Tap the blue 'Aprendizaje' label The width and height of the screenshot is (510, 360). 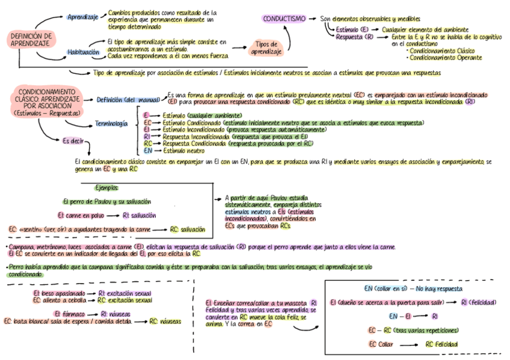click(82, 16)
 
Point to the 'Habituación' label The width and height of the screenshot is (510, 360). click(83, 52)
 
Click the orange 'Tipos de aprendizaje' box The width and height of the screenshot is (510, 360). click(266, 48)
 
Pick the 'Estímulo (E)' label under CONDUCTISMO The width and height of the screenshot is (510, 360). click(352, 29)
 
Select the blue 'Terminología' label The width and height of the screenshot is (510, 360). click(111, 124)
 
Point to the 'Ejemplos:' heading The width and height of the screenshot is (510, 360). click(106, 188)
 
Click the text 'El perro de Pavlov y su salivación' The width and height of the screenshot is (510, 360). click(106, 201)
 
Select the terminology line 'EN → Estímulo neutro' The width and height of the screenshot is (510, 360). click(174, 151)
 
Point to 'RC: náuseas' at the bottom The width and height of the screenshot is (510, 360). click(165, 322)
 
